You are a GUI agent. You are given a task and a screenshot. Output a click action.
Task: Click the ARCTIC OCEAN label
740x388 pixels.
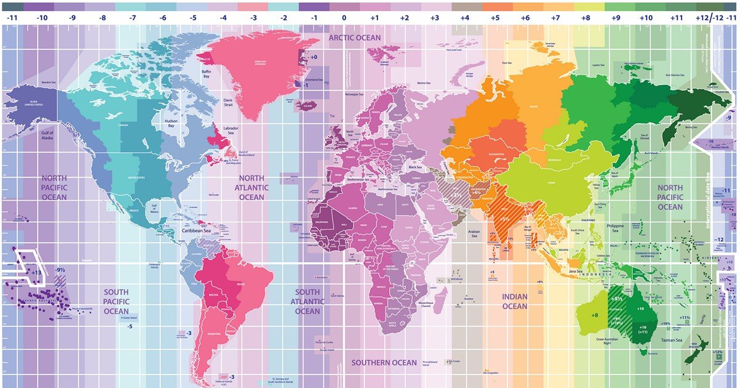[355, 38]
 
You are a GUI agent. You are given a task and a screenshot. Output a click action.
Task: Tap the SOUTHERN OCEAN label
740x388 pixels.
[384, 363]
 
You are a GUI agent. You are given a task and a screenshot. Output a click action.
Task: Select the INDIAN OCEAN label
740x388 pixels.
[514, 301]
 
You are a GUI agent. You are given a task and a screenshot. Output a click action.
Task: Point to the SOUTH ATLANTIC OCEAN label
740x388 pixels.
[307, 301]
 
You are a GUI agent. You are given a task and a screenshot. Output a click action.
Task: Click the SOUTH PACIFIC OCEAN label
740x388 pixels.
[116, 301]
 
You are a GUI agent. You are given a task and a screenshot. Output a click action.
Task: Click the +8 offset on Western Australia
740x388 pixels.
[594, 315]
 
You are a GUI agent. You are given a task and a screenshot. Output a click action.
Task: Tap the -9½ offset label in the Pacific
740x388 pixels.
[59, 270]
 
